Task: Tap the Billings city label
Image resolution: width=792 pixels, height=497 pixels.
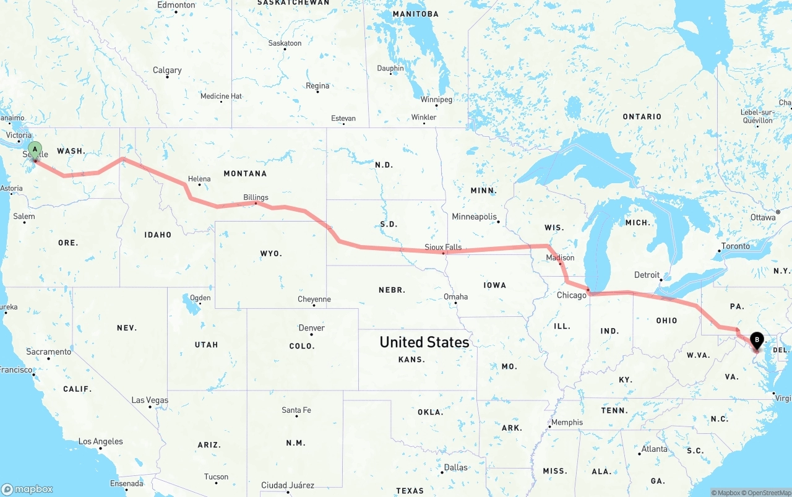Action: click(x=256, y=197)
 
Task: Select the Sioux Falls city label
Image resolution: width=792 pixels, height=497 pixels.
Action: click(x=443, y=247)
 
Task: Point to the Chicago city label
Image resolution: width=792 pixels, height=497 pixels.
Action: click(x=571, y=295)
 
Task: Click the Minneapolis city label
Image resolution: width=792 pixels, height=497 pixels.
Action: click(x=475, y=217)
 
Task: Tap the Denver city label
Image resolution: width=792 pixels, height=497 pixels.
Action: click(x=311, y=328)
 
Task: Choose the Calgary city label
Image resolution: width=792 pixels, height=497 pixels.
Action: click(x=167, y=71)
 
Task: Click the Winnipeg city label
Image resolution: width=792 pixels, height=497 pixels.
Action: click(x=437, y=99)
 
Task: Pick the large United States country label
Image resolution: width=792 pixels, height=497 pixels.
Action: click(x=424, y=342)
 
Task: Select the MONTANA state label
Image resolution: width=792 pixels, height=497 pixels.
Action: click(x=245, y=173)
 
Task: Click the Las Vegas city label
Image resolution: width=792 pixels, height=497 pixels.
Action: click(x=150, y=400)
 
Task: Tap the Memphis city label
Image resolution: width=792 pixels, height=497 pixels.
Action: click(x=567, y=422)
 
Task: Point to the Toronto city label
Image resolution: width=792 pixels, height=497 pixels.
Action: click(x=736, y=246)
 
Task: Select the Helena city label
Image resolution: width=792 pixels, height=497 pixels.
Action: click(x=199, y=179)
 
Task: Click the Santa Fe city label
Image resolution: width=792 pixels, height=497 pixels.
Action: click(x=296, y=410)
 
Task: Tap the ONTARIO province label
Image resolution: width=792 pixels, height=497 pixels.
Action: click(x=642, y=116)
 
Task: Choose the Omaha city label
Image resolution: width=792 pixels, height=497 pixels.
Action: click(x=456, y=296)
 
